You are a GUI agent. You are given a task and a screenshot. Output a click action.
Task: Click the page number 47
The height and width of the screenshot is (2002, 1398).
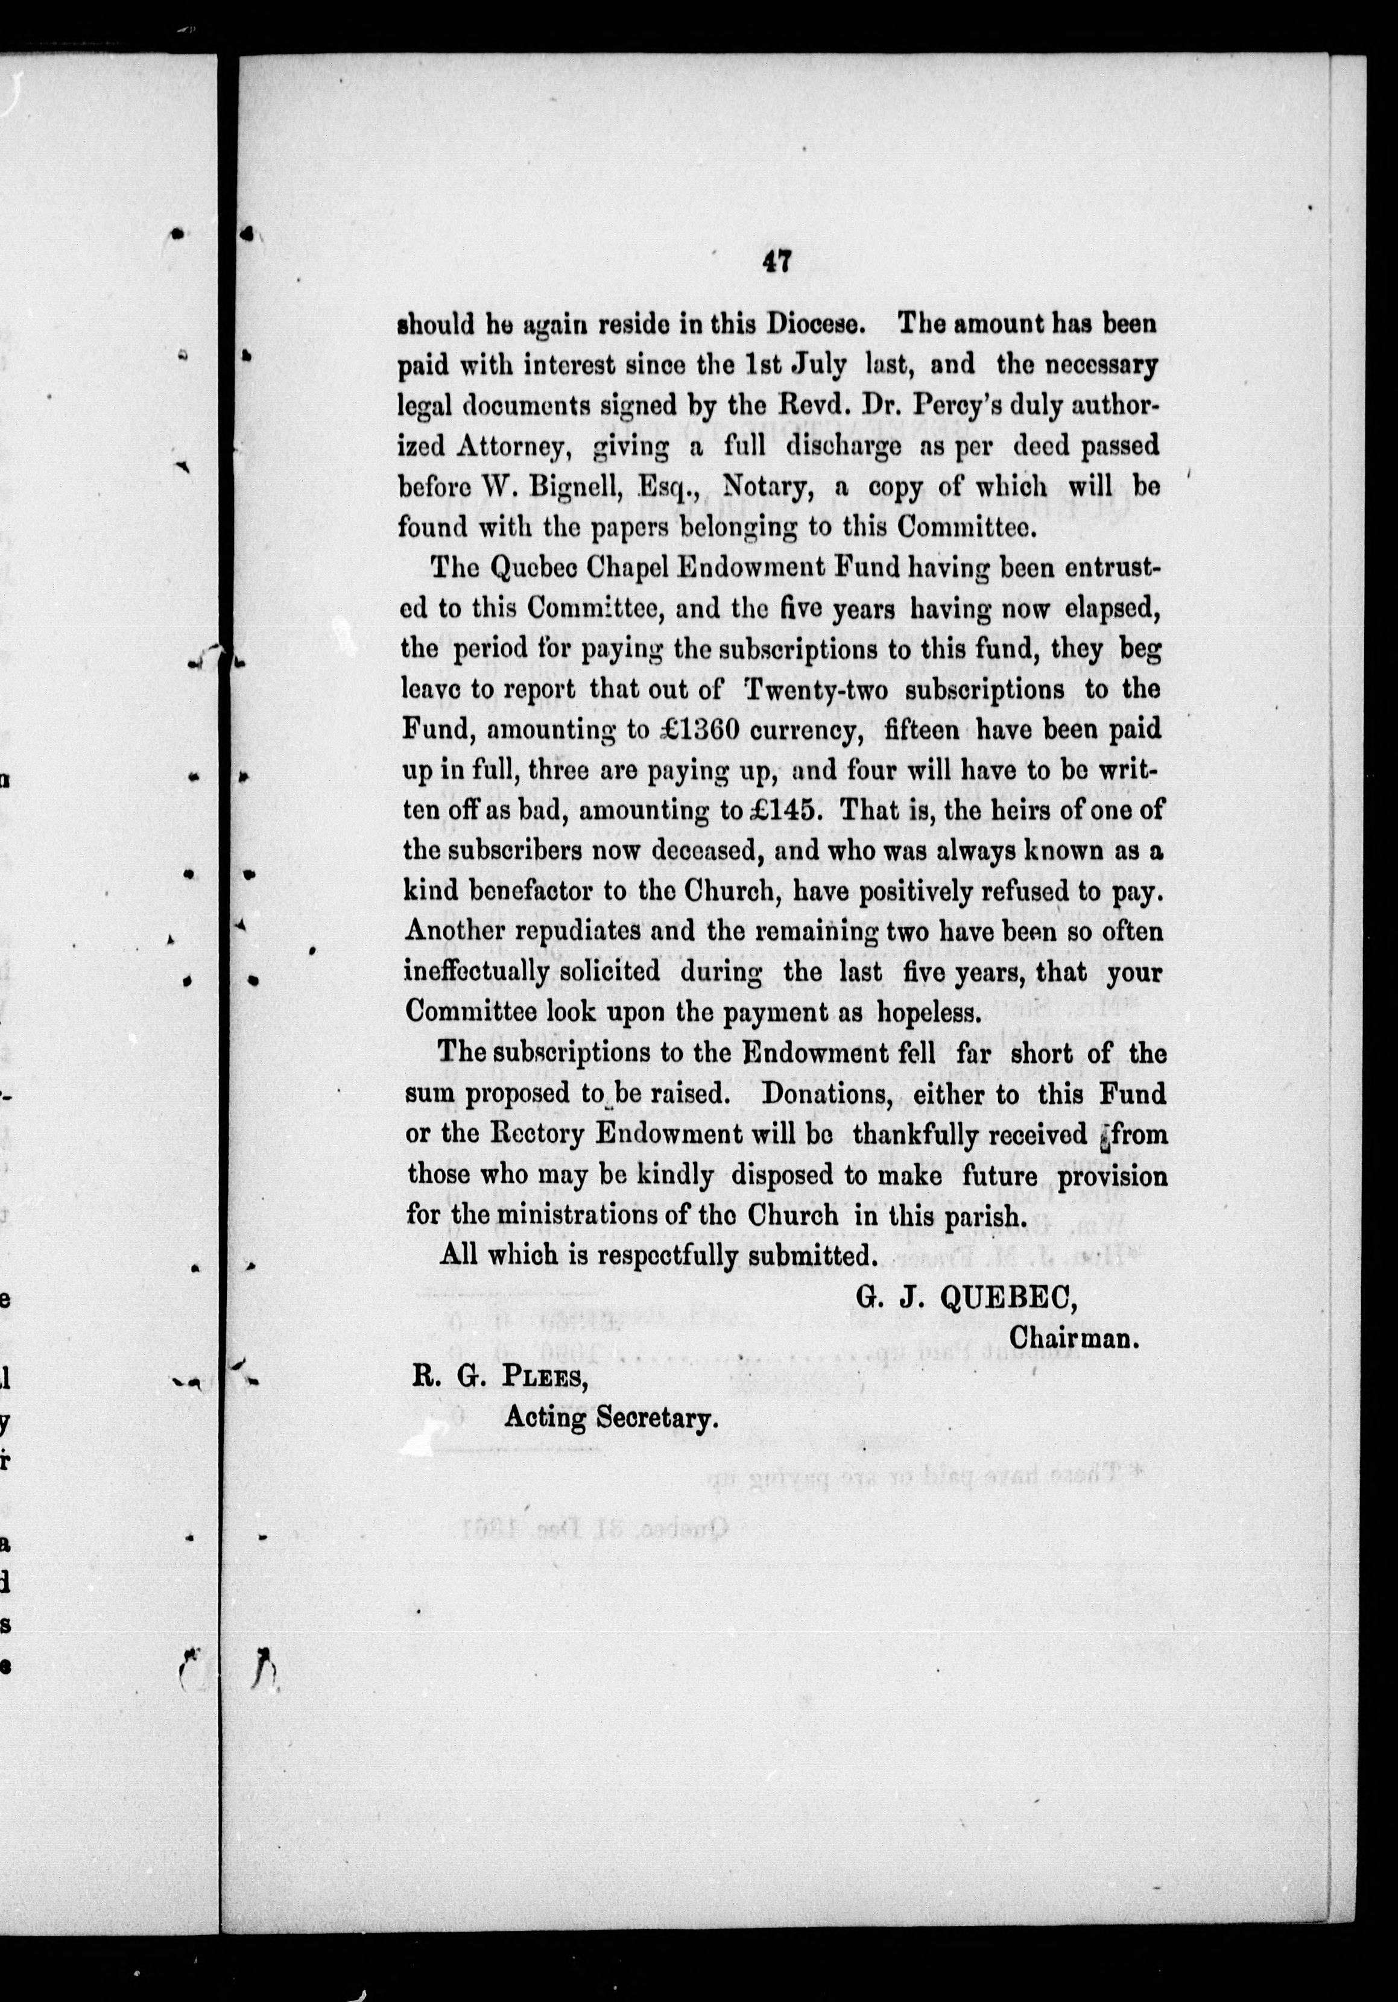tap(776, 262)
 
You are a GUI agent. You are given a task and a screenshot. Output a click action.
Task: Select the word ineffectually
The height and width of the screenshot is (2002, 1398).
tap(476, 971)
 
